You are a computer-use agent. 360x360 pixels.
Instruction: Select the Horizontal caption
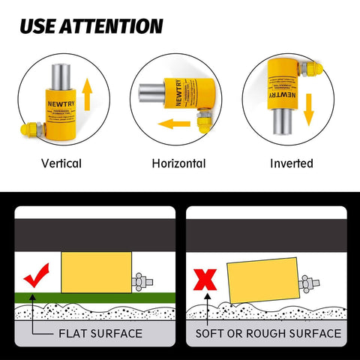(x=178, y=163)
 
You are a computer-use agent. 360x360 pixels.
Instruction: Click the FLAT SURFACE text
(x=98, y=333)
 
